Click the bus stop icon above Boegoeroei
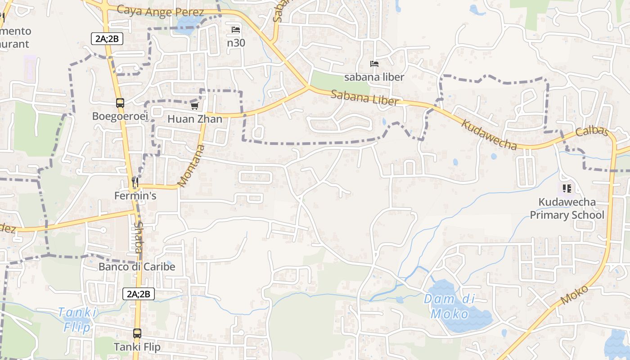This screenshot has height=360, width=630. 120,103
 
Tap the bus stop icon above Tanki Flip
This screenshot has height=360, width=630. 137,333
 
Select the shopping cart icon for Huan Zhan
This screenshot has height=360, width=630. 194,106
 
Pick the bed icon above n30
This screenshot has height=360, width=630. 236,30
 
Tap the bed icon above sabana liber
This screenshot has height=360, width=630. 374,64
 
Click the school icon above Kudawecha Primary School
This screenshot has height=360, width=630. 567,189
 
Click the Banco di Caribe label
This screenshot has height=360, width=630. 137,267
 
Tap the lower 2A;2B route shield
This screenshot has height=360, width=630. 139,294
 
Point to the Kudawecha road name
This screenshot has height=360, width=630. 489,135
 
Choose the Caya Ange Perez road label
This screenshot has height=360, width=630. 160,11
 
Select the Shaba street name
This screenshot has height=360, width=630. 138,237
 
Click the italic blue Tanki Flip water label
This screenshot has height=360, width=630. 77,319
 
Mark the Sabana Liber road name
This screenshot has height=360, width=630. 364,98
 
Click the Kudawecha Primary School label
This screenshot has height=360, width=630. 567,208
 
